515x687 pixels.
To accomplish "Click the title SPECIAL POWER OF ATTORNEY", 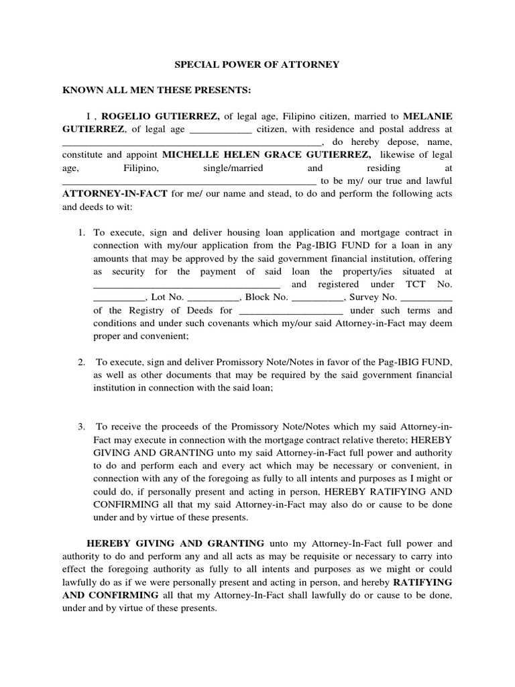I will [x=257, y=65].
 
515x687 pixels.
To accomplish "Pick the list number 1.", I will [x=80, y=233].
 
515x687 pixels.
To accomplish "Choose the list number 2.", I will [x=80, y=362].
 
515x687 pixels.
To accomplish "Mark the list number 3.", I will [x=80, y=427].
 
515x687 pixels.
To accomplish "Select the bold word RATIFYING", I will [x=422, y=582].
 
